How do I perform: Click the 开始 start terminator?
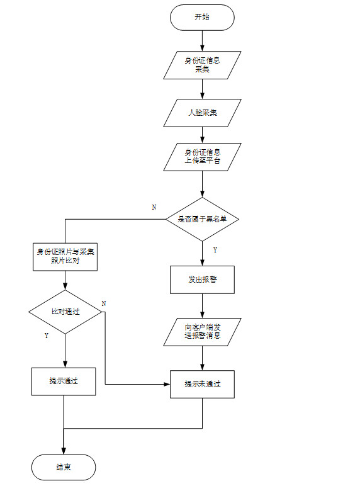[202, 17]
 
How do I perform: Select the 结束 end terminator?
[64, 467]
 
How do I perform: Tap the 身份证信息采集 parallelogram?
[202, 65]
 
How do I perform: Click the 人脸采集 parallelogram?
[202, 113]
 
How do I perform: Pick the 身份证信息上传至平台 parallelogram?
[202, 157]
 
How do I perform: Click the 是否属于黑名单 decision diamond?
[202, 218]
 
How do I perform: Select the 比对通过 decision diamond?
[65, 312]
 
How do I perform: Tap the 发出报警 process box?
[202, 280]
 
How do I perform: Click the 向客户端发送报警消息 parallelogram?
[202, 331]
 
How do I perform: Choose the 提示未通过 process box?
[202, 383]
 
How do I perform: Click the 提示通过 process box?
[64, 381]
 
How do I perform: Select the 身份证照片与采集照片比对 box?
[65, 256]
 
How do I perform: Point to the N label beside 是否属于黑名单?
[154, 207]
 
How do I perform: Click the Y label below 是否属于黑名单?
[215, 250]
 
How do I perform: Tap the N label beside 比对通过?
[104, 303]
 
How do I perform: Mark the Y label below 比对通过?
[47, 336]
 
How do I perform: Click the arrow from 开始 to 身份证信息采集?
[202, 40]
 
